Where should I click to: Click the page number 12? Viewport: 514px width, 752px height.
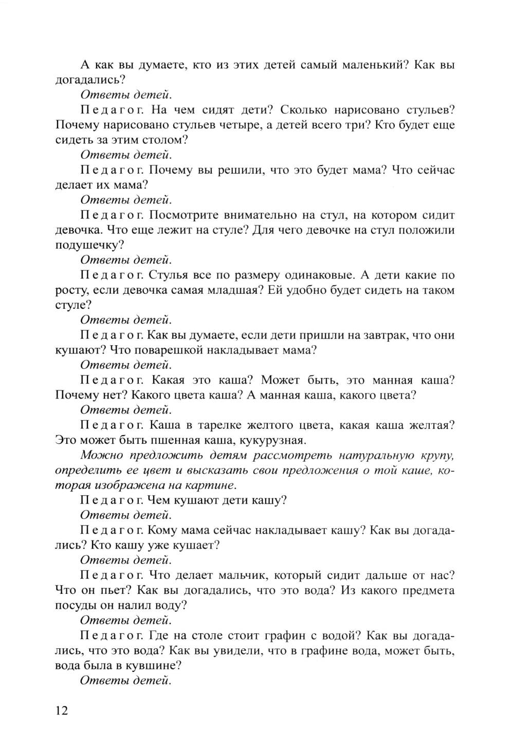(61, 710)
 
